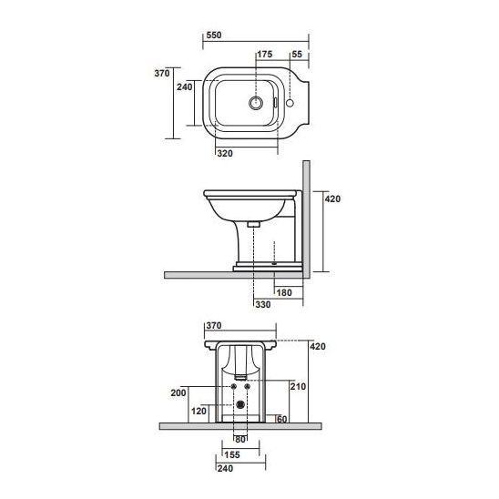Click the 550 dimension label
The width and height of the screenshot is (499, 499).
pyautogui.click(x=214, y=35)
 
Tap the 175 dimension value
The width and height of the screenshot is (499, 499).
pyautogui.click(x=265, y=55)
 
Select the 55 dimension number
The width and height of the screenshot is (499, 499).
pyautogui.click(x=297, y=55)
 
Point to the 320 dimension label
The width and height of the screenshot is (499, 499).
pyautogui.click(x=225, y=153)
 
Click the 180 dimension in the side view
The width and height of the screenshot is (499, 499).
pyautogui.click(x=284, y=293)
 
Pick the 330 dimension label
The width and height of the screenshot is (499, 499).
pyautogui.click(x=263, y=304)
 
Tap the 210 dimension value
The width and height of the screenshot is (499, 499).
pyautogui.click(x=298, y=386)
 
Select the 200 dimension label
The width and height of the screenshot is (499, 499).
pyautogui.click(x=178, y=392)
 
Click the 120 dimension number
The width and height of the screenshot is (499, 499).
pyautogui.click(x=199, y=411)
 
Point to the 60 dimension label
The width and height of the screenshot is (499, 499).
pyautogui.click(x=282, y=419)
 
